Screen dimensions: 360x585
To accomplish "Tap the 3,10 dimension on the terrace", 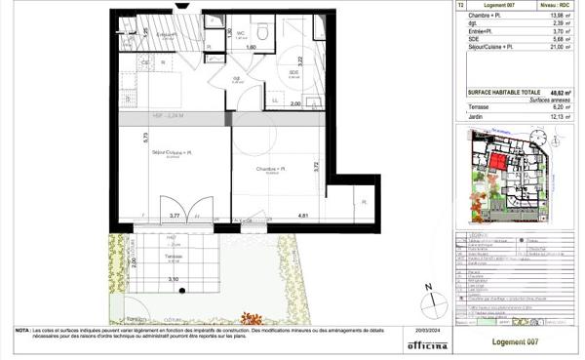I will tap(174, 280).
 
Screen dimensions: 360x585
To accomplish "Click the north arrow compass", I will tap(427, 290).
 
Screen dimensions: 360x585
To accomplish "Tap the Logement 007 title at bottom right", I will tap(516, 341).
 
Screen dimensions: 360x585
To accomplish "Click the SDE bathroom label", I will tap(293, 72).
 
